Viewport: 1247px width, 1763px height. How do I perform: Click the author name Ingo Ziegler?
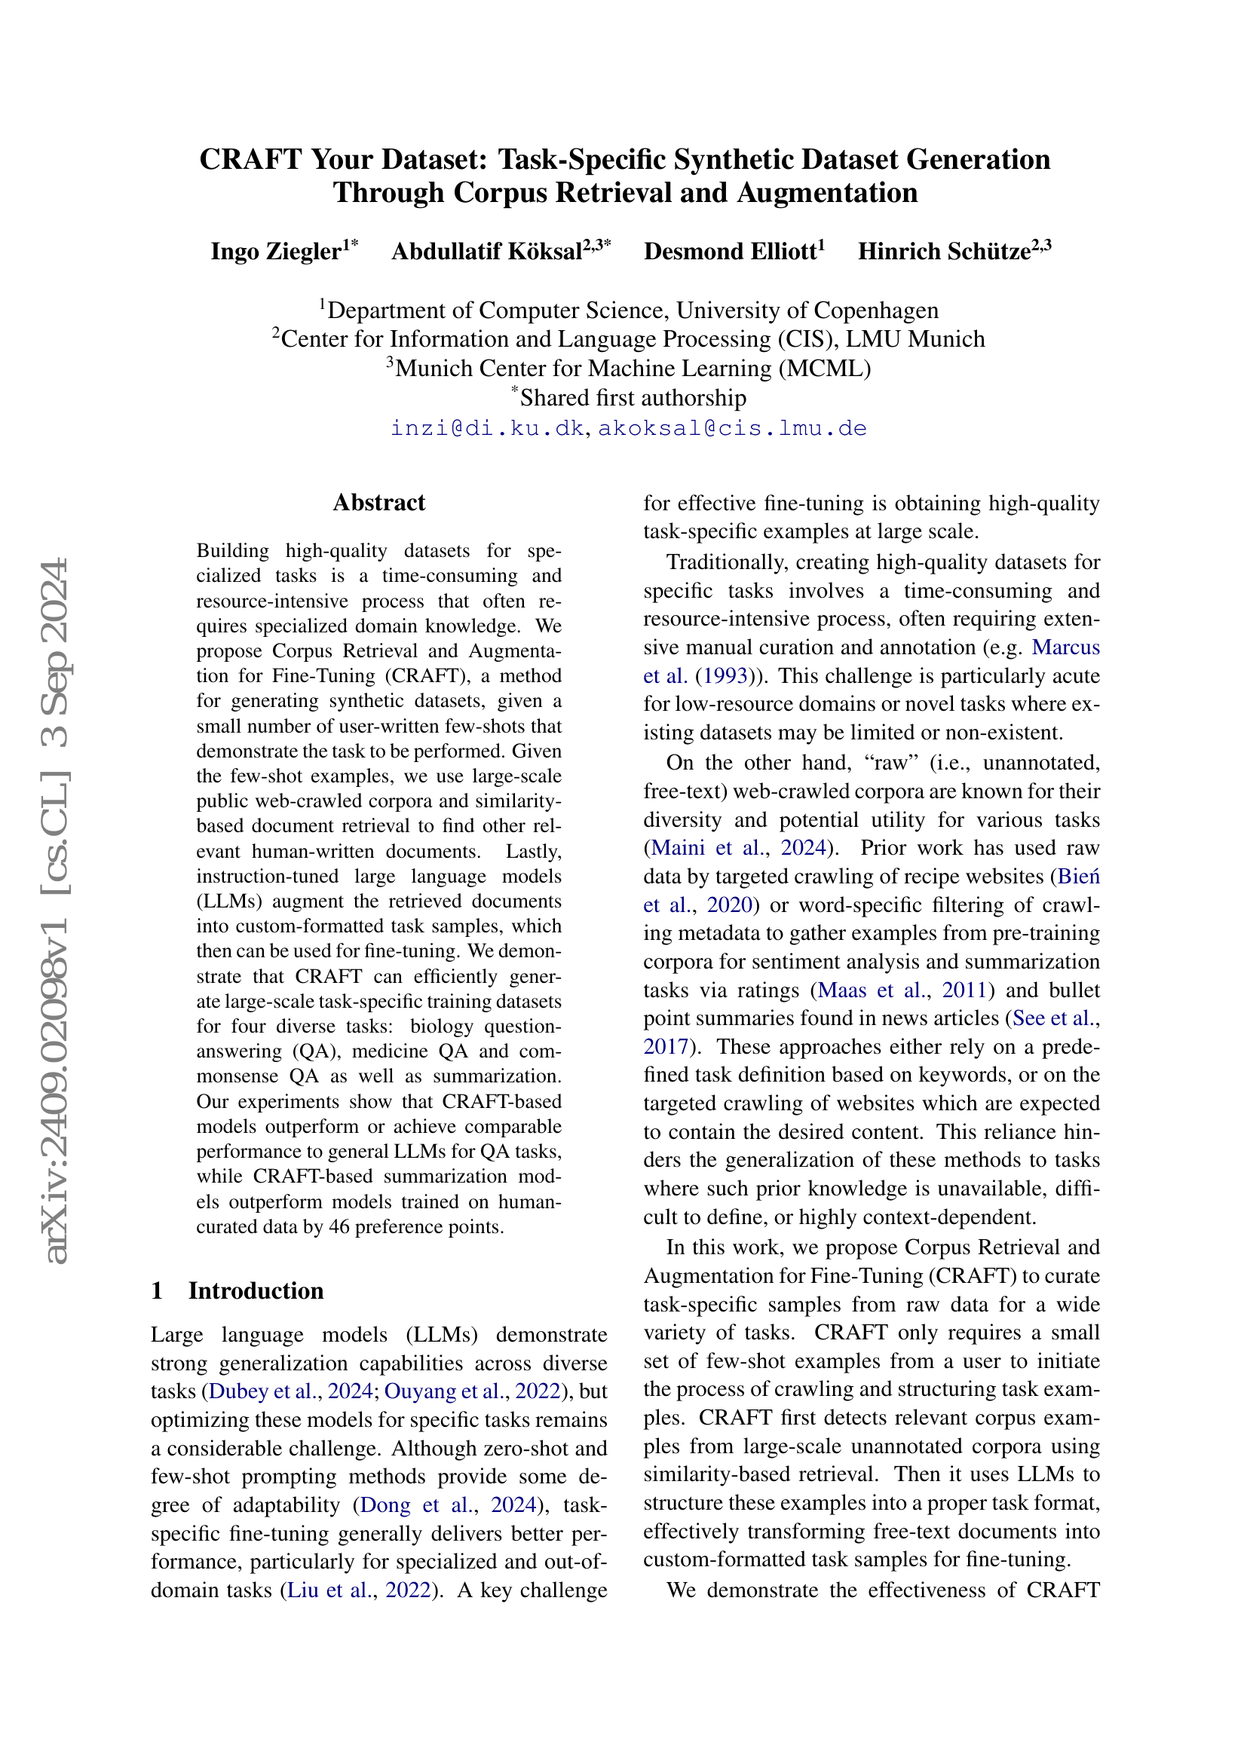[x=276, y=252]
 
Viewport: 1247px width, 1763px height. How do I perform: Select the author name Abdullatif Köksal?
[x=487, y=252]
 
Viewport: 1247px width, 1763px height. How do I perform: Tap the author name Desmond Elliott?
[x=730, y=252]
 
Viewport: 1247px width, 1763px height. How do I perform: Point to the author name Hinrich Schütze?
[x=944, y=252]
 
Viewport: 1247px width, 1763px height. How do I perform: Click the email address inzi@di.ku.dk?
[x=487, y=428]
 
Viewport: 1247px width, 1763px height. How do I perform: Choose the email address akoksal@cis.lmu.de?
[x=732, y=428]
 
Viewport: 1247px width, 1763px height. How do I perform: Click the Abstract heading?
[x=378, y=503]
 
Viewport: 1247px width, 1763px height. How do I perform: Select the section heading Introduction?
[x=256, y=1290]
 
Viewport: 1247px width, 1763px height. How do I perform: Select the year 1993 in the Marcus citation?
[x=725, y=675]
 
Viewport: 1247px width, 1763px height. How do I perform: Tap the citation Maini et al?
[x=707, y=848]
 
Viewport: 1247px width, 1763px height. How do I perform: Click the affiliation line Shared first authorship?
[x=633, y=398]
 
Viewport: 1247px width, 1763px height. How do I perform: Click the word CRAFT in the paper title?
[x=250, y=160]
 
